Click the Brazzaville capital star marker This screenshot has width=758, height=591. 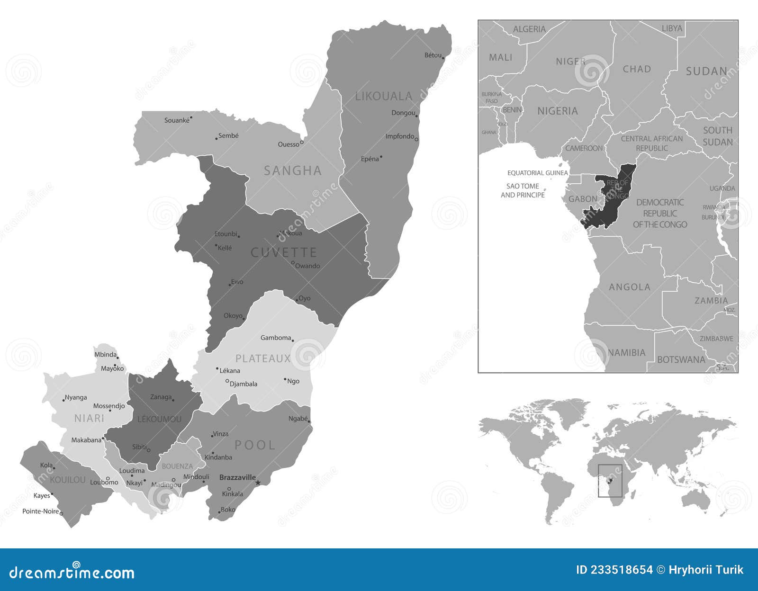[258, 483]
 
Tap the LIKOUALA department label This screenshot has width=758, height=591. [384, 97]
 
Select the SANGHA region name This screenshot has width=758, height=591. [293, 170]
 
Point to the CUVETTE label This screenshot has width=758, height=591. [283, 252]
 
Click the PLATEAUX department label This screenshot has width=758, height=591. [263, 358]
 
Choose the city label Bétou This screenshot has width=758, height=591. [433, 55]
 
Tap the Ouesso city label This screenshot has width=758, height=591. [289, 144]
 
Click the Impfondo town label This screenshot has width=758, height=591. [400, 136]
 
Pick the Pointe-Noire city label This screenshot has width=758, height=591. [41, 511]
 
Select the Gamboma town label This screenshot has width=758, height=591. [276, 338]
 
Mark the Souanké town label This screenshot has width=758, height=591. [177, 120]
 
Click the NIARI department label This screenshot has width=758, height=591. [89, 418]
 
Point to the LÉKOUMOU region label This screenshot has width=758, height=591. [159, 419]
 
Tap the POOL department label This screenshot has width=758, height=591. [255, 445]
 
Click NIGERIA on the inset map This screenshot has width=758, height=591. [558, 111]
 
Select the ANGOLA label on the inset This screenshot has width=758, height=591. [630, 287]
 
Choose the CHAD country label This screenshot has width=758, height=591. [637, 69]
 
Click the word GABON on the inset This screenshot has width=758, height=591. [583, 199]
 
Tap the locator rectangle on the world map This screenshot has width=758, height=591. [610, 481]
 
